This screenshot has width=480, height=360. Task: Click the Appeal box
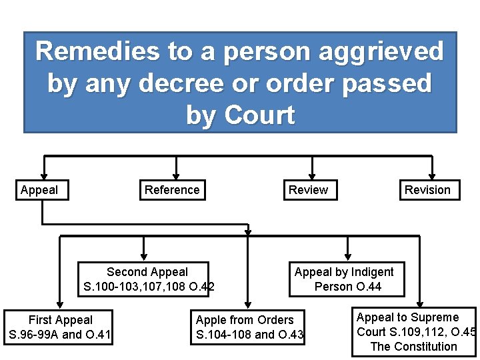[39, 190]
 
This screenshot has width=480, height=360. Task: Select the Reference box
[172, 190]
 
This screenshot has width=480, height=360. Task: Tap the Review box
[308, 190]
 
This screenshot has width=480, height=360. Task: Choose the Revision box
[427, 190]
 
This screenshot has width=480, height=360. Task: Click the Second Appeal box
[147, 279]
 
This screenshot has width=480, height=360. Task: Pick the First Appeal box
[60, 327]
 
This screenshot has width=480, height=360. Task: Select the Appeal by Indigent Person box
[347, 279]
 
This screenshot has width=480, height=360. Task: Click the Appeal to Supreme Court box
[415, 332]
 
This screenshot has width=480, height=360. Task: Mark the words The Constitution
[413, 347]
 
